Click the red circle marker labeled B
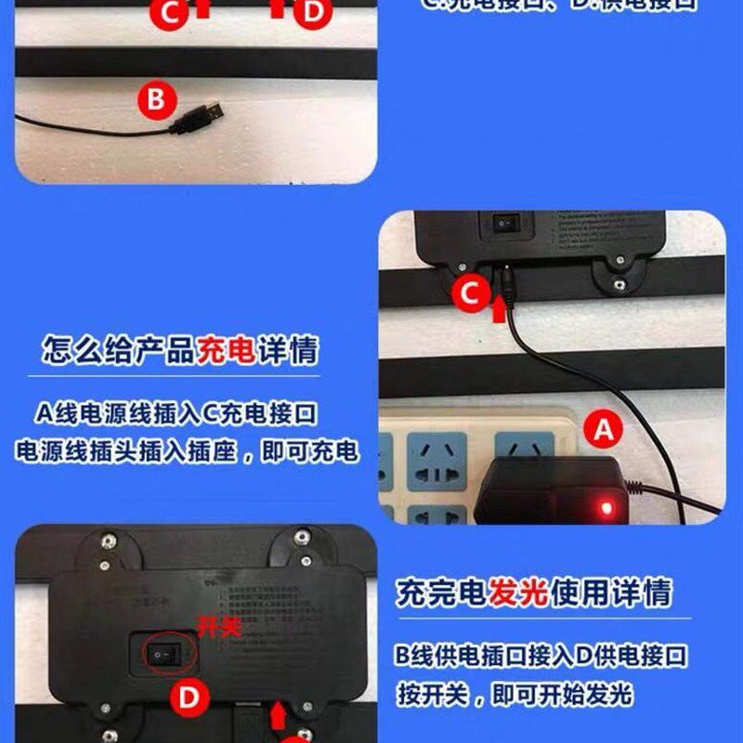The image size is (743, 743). [x=156, y=98]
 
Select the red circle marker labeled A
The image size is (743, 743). [x=604, y=430]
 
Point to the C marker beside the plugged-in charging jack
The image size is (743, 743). [x=472, y=294]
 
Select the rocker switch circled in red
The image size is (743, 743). [x=163, y=654]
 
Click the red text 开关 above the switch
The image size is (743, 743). [x=219, y=629]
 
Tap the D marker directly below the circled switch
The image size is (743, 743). [x=189, y=698]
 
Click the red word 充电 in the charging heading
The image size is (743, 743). [x=227, y=351]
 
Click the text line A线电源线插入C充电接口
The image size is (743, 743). [x=183, y=412]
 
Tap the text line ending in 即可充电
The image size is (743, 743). [x=187, y=451]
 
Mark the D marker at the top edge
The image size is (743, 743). [x=312, y=10]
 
